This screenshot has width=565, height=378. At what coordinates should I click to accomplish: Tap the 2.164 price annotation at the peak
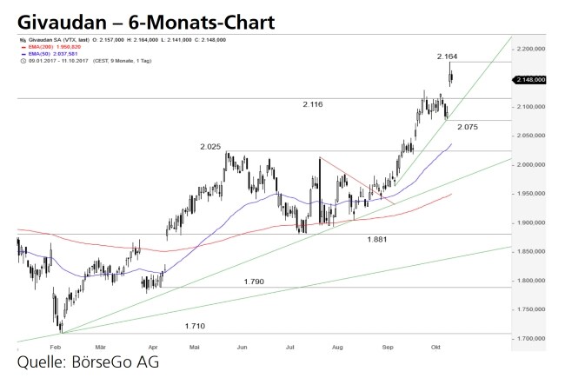click(449, 56)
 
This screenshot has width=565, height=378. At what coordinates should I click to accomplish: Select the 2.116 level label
click(313, 104)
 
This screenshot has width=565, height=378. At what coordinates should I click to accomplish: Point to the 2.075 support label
click(468, 127)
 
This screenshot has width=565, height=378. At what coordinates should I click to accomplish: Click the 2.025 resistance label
click(211, 147)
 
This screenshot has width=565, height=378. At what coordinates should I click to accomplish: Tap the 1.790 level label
click(254, 282)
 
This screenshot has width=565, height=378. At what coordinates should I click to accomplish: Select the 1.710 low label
click(196, 326)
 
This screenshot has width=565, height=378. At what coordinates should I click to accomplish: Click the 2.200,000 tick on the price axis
click(530, 49)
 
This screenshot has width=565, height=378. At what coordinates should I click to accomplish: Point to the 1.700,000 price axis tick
click(530, 338)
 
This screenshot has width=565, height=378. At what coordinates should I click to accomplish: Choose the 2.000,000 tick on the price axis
click(530, 164)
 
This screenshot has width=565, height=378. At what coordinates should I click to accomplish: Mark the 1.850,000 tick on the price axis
click(530, 251)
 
